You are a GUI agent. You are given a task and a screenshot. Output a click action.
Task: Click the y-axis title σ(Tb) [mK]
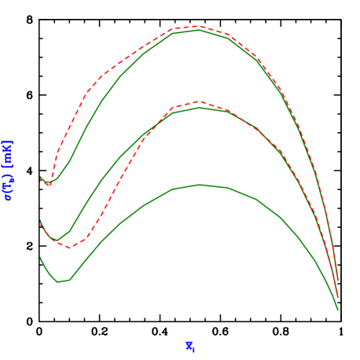coord(8,171)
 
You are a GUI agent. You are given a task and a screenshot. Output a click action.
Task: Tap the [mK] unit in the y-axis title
coord(8,152)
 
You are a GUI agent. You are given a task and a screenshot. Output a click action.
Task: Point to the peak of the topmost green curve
coord(199,31)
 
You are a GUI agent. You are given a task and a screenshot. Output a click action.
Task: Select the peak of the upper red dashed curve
coord(198,26)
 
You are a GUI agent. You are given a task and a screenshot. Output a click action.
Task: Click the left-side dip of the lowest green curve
coord(57,281)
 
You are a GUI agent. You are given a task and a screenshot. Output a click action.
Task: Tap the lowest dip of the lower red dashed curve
coord(70,248)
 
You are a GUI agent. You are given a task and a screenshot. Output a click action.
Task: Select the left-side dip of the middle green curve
coord(56,241)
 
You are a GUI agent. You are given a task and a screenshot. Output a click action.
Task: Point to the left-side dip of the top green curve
coord(50,183)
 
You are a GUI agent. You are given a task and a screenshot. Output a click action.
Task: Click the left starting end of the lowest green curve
coord(41,258)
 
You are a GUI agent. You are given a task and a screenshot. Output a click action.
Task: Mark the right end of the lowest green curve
coord(338,310)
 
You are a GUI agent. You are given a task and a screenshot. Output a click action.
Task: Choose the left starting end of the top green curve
coord(41,177)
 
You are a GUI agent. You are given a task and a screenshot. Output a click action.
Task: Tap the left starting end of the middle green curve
coord(41,222)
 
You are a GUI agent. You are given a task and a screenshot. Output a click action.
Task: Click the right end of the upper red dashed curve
coord(338,281)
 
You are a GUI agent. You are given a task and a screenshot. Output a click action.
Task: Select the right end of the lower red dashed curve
coord(338,296)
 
